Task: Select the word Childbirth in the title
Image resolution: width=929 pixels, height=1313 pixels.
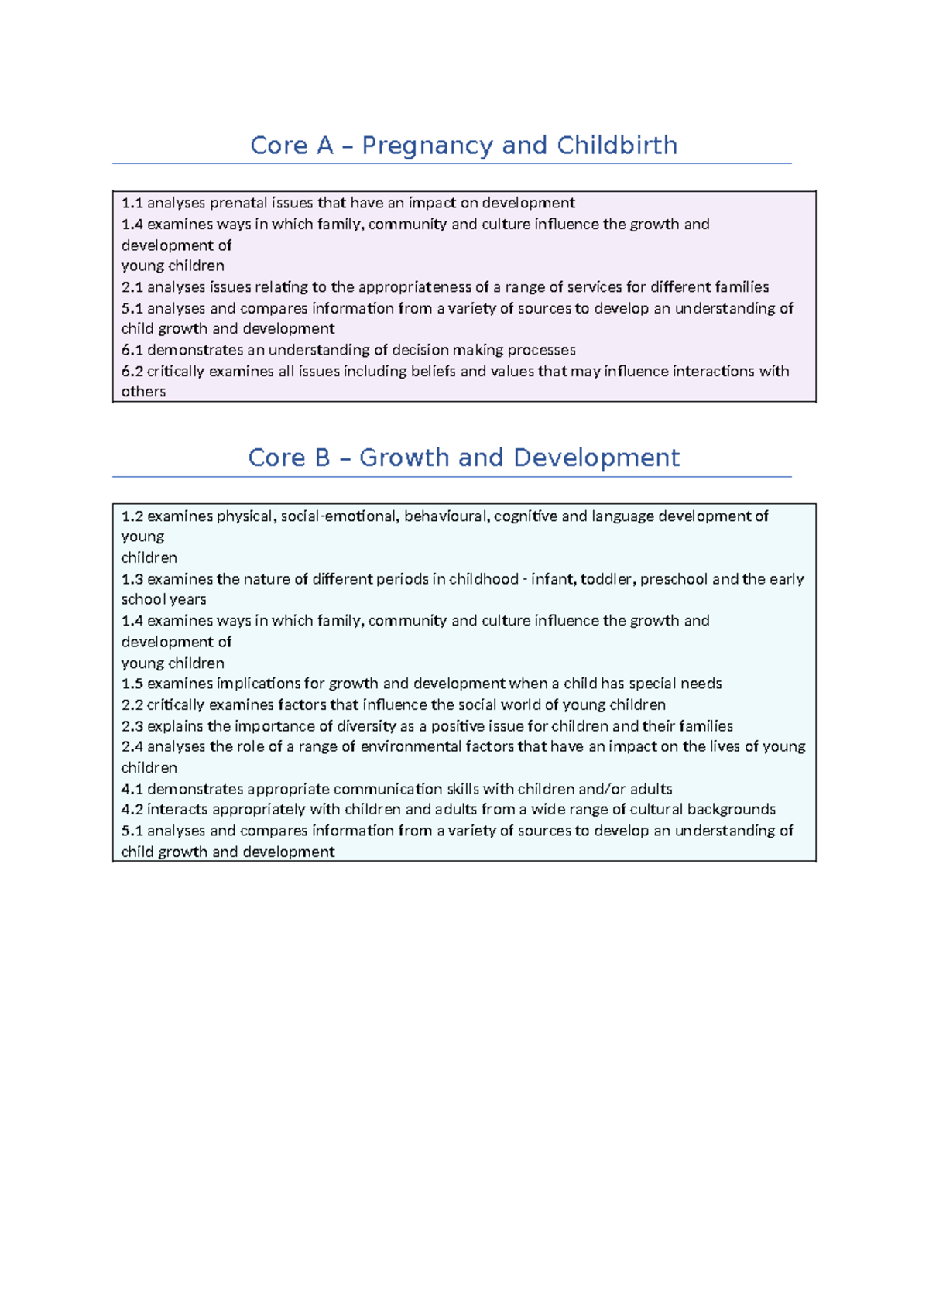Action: [x=617, y=146]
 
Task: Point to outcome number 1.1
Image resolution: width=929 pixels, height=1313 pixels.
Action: [x=132, y=203]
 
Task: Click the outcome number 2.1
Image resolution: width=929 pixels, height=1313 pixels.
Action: [x=132, y=287]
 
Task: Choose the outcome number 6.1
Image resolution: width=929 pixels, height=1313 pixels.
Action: [x=132, y=350]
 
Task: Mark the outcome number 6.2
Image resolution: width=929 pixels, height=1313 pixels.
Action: [x=132, y=372]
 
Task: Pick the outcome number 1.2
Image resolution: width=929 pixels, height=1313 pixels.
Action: [x=132, y=516]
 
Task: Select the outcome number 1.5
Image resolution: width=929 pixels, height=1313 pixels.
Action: [x=132, y=684]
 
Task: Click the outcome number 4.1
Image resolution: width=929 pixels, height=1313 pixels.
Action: [x=132, y=790]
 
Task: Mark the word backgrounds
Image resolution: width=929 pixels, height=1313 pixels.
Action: [x=731, y=810]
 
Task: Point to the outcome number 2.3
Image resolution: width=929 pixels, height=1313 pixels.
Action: [x=132, y=726]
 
